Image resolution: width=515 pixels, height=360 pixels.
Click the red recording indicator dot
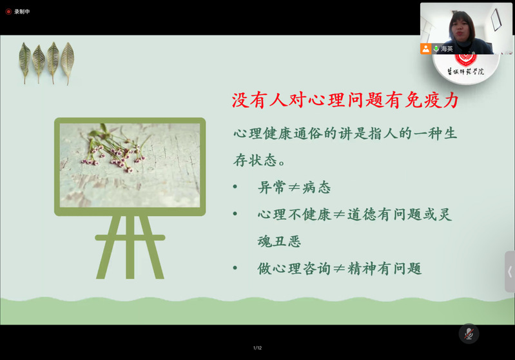point(8,12)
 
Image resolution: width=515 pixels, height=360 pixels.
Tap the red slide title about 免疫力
point(345,100)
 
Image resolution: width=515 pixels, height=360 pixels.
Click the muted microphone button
point(469,334)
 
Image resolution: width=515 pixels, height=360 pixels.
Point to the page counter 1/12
point(258,348)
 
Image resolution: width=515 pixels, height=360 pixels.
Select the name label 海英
point(447,49)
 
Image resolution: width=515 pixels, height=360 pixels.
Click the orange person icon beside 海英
point(425,49)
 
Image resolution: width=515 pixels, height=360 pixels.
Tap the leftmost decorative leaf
point(24,63)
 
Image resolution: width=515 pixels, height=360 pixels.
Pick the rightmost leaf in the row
point(67,63)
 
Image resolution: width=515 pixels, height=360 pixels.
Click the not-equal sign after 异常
point(294,187)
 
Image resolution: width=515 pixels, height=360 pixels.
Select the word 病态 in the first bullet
point(316,187)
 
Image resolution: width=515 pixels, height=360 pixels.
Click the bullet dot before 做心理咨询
point(235,268)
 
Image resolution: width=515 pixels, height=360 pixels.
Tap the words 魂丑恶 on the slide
point(279,242)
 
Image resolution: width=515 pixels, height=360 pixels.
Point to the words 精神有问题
point(384,268)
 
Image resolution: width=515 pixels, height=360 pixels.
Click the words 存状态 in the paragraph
point(255,161)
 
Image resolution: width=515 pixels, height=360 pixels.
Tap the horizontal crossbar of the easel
point(130,237)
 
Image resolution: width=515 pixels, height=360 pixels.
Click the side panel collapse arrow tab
point(510,272)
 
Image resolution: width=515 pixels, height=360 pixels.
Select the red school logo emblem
point(465,60)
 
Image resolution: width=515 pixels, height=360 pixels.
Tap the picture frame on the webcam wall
point(496,19)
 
